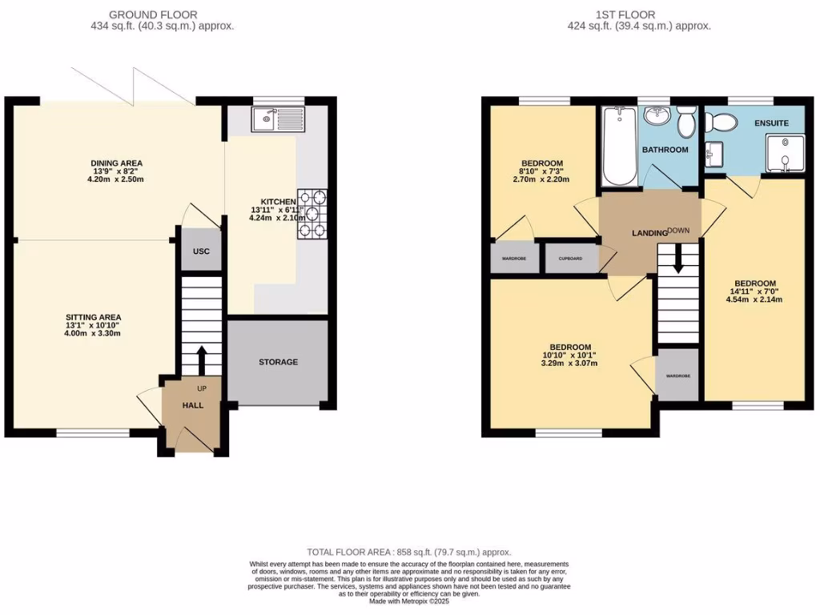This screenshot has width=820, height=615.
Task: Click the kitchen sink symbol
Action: (277, 120)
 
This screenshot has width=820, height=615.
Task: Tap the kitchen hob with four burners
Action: (312, 214)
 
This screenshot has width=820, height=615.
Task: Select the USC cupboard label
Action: (201, 251)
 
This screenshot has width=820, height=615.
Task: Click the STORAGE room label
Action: (278, 362)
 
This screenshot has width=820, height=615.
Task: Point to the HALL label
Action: (192, 405)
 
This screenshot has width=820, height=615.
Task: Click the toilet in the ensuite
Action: (724, 123)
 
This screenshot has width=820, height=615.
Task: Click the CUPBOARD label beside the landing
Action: (572, 259)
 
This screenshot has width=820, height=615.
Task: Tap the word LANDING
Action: (649, 233)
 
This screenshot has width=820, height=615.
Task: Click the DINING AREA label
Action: (116, 163)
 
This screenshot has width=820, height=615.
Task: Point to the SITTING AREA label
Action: (94, 317)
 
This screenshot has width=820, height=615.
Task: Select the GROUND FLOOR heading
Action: (153, 14)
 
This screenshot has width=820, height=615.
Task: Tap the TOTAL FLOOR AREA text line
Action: (409, 553)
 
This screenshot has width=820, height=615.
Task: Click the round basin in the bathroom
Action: (658, 118)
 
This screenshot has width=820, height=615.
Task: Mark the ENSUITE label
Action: (771, 123)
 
